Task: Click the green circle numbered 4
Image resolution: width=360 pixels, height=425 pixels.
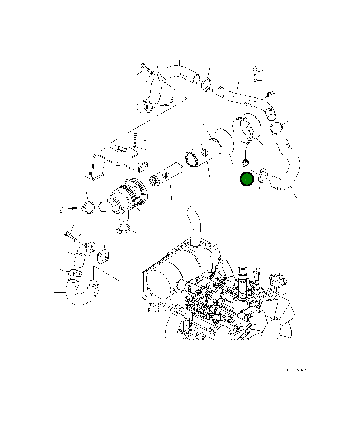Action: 246,180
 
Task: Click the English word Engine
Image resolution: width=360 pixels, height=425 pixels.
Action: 157,311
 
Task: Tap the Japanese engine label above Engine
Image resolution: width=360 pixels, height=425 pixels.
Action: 157,305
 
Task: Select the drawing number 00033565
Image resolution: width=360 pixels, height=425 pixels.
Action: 292,370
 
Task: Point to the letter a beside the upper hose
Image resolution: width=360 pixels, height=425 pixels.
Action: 171,100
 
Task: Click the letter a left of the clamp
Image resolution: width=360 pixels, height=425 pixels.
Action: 62,210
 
